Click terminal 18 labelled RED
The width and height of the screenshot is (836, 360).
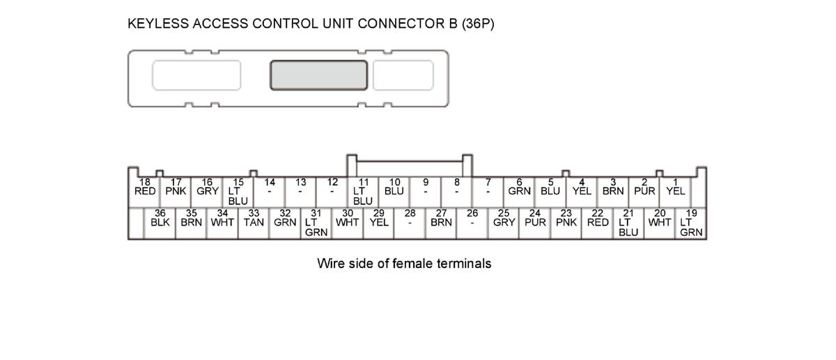(144, 187)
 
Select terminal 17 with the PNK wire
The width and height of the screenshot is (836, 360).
(176, 187)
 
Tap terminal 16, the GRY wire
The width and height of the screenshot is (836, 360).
(207, 187)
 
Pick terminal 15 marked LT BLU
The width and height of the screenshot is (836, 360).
(238, 191)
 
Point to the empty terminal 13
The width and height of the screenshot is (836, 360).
(300, 187)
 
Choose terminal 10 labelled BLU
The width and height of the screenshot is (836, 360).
(394, 187)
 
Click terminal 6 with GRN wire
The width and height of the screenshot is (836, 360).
(519, 187)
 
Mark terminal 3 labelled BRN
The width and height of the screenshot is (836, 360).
(613, 187)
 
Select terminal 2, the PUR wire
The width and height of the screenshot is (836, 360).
(644, 187)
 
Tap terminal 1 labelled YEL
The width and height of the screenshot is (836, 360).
(675, 187)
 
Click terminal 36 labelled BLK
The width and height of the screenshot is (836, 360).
(160, 219)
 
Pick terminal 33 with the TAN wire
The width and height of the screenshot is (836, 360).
(254, 219)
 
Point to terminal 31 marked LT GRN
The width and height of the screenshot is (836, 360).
(316, 223)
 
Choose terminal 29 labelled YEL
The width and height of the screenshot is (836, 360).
(379, 219)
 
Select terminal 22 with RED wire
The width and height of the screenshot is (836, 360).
(597, 219)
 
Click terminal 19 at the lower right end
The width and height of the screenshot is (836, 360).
(691, 223)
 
